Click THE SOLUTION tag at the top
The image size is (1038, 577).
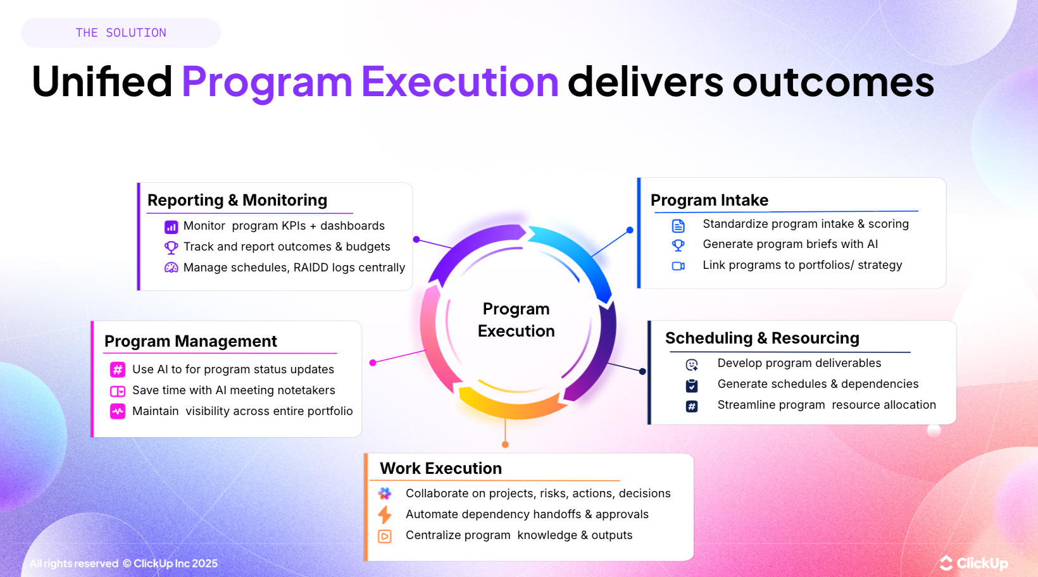pyautogui.click(x=120, y=33)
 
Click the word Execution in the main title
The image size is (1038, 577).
pyautogui.click(x=460, y=82)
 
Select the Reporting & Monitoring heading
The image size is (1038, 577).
pyautogui.click(x=237, y=201)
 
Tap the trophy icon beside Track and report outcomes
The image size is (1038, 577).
pyautogui.click(x=171, y=247)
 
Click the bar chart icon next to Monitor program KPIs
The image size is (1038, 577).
pyautogui.click(x=171, y=226)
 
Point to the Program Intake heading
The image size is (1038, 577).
pyautogui.click(x=709, y=201)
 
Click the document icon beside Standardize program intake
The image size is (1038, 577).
pyautogui.click(x=678, y=226)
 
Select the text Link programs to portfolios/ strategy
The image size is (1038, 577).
pyautogui.click(x=802, y=265)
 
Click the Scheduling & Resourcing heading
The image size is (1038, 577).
pyautogui.click(x=762, y=338)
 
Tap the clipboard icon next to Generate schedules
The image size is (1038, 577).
pyautogui.click(x=692, y=385)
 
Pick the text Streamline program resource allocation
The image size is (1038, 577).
pyautogui.click(x=826, y=405)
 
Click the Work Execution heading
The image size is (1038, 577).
pyautogui.click(x=441, y=469)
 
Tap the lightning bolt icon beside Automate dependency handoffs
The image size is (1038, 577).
pyautogui.click(x=384, y=514)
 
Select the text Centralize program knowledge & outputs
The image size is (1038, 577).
pyautogui.click(x=518, y=535)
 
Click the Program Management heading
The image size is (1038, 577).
pyautogui.click(x=191, y=342)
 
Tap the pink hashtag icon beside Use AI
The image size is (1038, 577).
pyautogui.click(x=118, y=369)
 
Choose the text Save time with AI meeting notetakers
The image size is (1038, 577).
pyautogui.click(x=234, y=390)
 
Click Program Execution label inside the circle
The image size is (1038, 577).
pyautogui.click(x=516, y=320)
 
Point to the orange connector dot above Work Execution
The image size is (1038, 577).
pyautogui.click(x=505, y=445)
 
